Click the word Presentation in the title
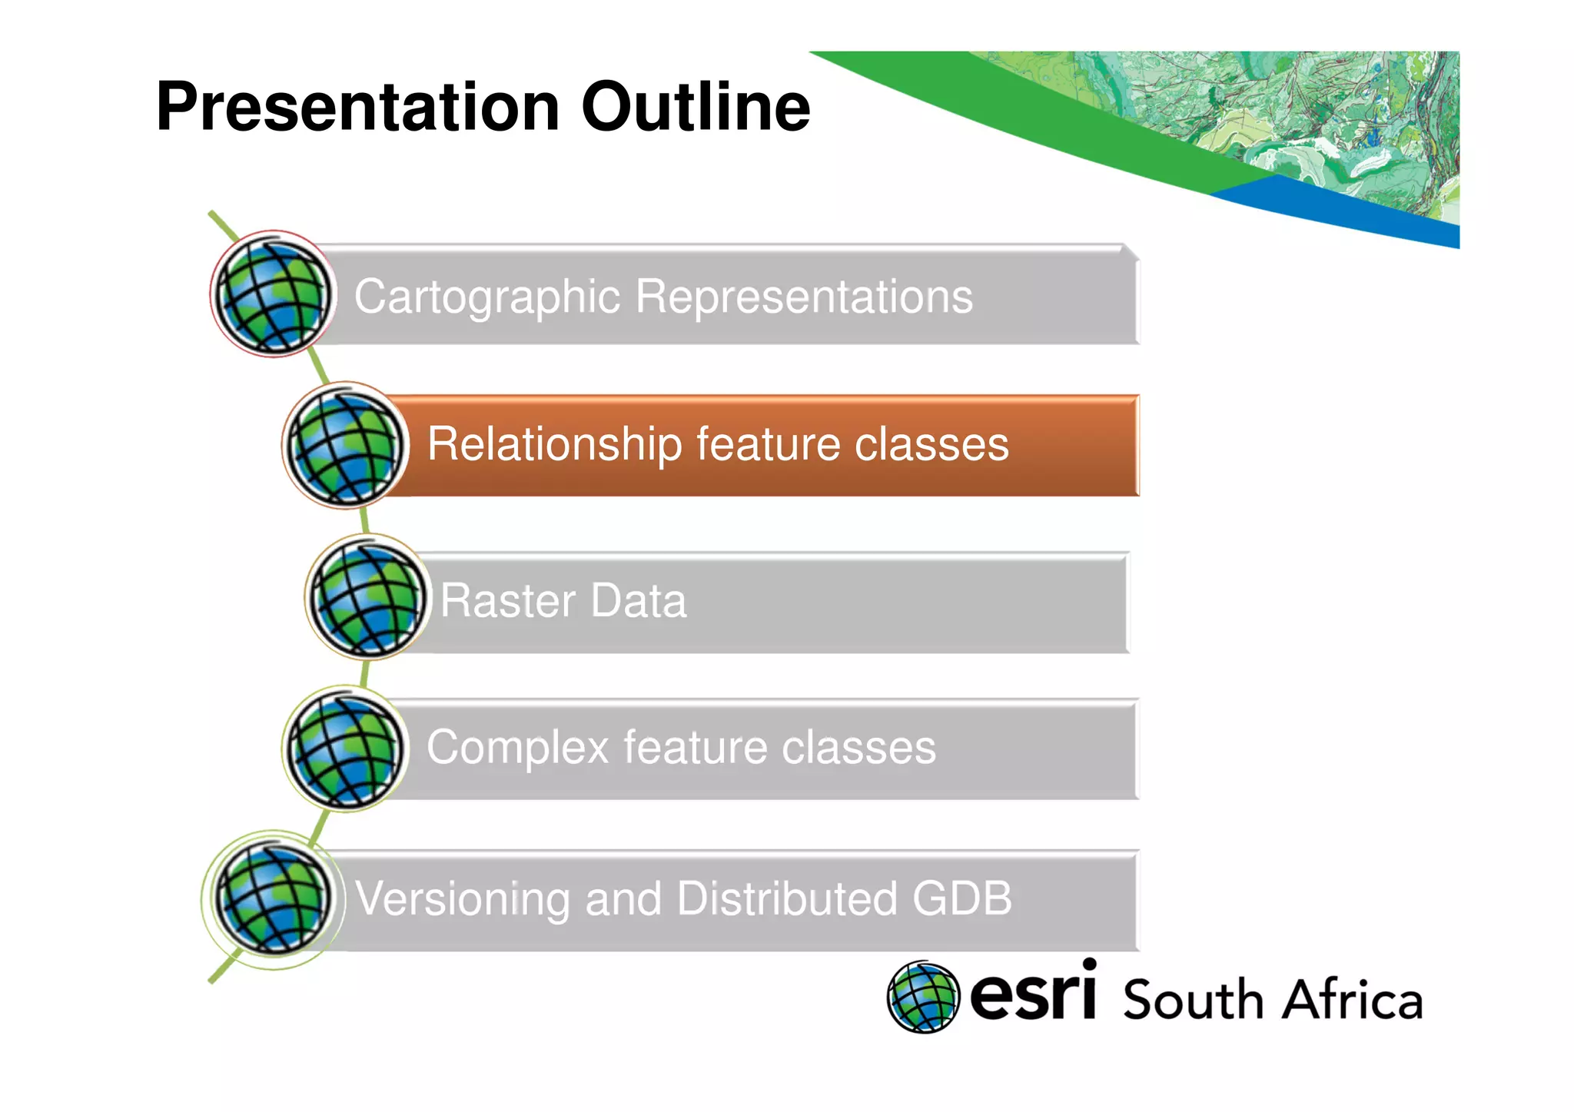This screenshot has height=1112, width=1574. point(357,107)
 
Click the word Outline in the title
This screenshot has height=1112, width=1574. point(696,107)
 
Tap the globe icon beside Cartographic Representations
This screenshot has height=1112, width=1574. point(273,294)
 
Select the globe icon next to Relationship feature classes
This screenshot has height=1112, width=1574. point(345,446)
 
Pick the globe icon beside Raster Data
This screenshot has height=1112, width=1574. point(367,597)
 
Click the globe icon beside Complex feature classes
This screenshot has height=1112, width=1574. point(345,748)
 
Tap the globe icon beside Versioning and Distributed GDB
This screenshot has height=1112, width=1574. point(273,898)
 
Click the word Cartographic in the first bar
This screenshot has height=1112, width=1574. point(486,297)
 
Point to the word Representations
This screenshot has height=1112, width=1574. point(804,297)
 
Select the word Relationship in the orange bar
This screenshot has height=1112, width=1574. point(554,445)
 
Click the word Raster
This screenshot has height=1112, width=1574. point(507,600)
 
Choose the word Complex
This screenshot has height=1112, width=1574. point(517,748)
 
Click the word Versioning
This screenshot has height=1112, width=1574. point(461,899)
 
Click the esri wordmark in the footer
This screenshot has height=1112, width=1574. point(1032,995)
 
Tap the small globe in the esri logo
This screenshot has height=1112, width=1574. point(923,997)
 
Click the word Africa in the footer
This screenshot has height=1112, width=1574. point(1353,1001)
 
